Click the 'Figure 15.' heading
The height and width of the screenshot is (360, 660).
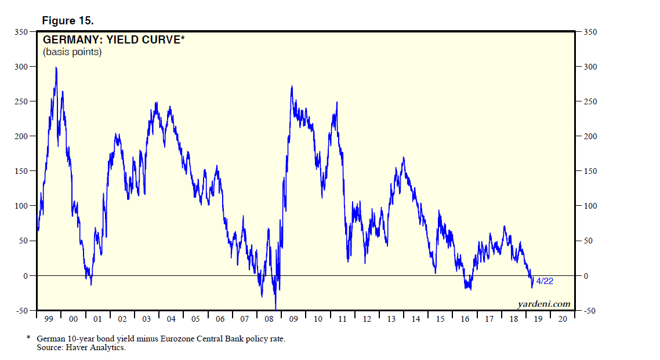[x=67, y=21]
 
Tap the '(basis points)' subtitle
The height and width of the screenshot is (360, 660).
[x=72, y=52]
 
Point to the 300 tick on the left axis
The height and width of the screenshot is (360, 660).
[x=21, y=67]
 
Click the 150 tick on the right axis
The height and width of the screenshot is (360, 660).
[x=589, y=171]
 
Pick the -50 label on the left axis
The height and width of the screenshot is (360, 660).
[x=21, y=311]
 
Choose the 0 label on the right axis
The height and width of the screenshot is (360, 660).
[x=586, y=276]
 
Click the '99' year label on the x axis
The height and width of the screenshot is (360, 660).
[x=49, y=319]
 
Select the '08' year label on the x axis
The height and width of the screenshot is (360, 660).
[x=269, y=319]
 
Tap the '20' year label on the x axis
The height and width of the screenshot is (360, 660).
[x=562, y=319]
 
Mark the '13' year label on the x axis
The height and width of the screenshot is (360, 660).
[x=391, y=319]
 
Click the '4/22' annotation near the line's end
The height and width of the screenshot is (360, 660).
[x=544, y=281]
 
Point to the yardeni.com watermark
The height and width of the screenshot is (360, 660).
[x=543, y=304]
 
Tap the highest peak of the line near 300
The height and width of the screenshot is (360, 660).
[x=56, y=67]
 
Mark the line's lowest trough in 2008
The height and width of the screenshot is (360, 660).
[x=275, y=309]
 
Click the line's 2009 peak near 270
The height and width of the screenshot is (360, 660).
[x=292, y=86]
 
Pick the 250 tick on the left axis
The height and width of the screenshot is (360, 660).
[x=21, y=101]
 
